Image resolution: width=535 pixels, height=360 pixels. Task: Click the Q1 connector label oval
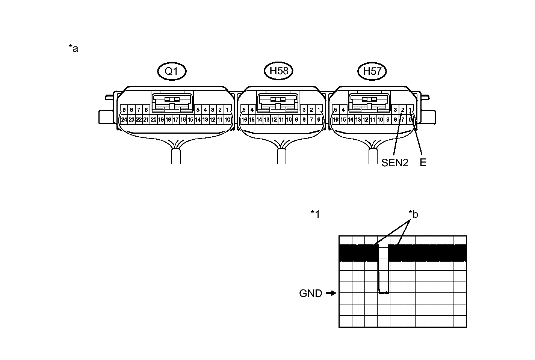[171, 71]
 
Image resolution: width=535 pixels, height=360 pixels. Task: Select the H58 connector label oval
[278, 71]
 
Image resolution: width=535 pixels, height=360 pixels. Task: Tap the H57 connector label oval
[372, 71]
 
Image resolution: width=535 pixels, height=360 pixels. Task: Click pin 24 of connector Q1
[124, 120]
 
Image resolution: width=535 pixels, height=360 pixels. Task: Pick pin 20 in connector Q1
[153, 120]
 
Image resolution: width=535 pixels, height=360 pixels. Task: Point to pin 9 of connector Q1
[124, 110]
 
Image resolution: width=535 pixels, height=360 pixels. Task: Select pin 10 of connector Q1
[227, 120]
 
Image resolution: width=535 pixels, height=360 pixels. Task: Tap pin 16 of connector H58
[244, 120]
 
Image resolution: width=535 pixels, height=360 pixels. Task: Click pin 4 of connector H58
[252, 110]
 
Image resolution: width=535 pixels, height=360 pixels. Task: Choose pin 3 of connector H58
[304, 110]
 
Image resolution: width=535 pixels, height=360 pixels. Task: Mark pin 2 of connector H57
[403, 110]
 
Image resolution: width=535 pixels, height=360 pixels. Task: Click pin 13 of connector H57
[358, 120]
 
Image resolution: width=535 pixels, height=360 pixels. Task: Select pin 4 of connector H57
[343, 110]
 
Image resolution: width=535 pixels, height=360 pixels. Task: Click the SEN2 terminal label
[394, 163]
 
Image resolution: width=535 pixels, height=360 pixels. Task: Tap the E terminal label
[423, 163]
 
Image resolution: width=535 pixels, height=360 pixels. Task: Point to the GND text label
[311, 294]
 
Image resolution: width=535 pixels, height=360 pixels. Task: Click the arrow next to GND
[331, 294]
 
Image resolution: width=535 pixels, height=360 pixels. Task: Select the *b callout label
[413, 214]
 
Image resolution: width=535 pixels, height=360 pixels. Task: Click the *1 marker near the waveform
[315, 214]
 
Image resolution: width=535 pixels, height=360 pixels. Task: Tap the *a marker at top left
[73, 48]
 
